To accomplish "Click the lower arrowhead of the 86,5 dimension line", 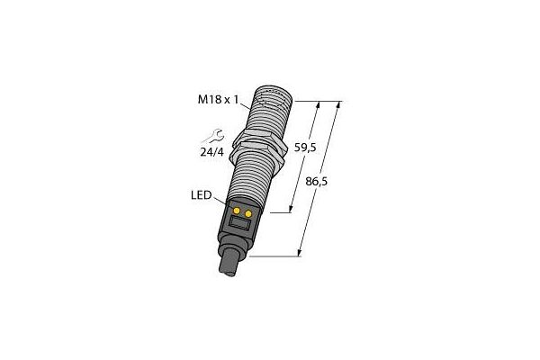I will pos(300,254).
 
